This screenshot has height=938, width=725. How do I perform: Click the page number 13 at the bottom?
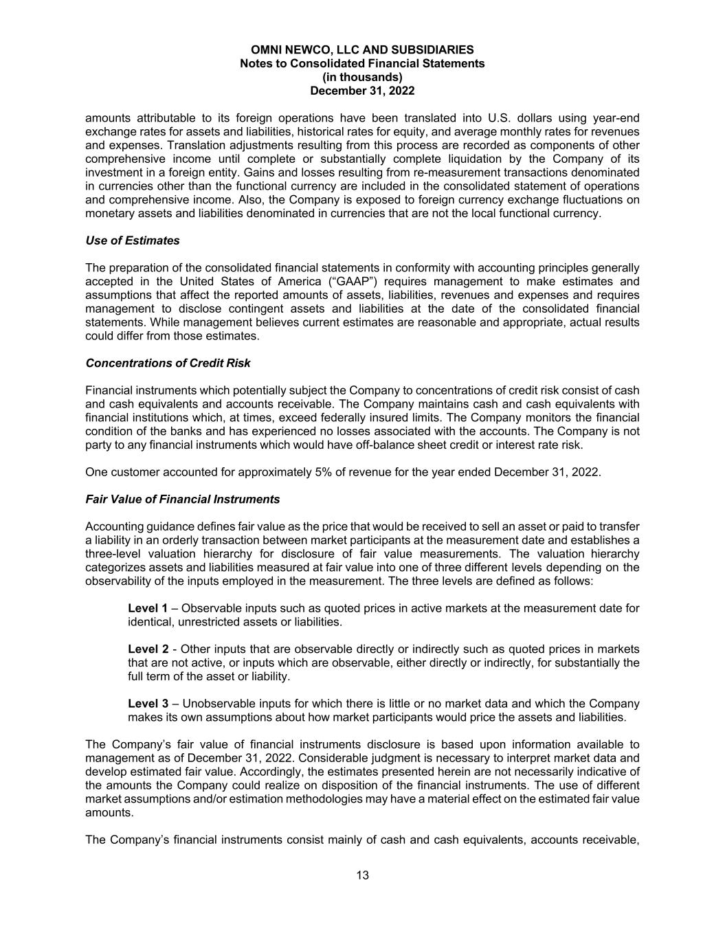362,875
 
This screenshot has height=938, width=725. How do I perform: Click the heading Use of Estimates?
132,241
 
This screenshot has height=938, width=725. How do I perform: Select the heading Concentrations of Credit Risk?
168,363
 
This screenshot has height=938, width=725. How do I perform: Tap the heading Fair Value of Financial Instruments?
182,499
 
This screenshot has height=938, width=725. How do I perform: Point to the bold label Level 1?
148,608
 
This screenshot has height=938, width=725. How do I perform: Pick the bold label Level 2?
148,649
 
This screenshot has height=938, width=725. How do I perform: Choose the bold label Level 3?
148,704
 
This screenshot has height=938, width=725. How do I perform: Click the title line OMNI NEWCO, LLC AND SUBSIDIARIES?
362,50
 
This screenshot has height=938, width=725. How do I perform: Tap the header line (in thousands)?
362,77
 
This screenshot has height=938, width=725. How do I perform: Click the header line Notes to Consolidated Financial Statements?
362,63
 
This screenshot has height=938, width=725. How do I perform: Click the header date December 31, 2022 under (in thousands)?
362,91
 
